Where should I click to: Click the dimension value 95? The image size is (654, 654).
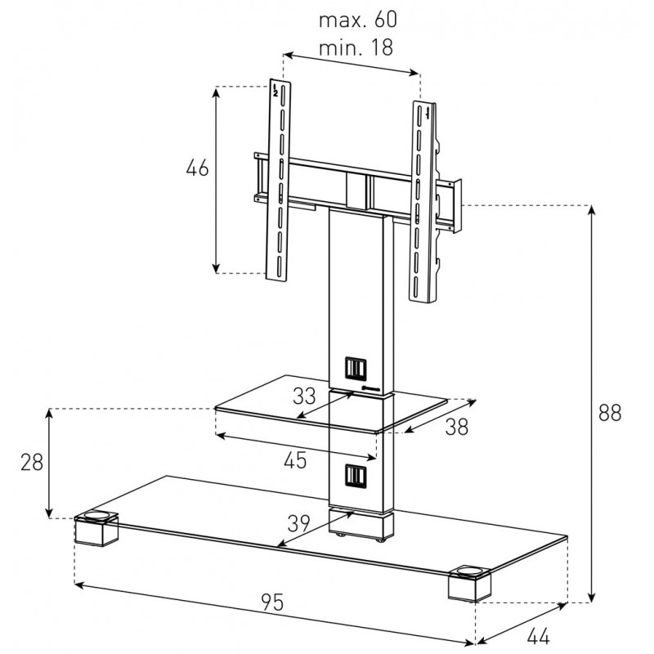pos(272,602)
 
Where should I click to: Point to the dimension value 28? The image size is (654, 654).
pos(32,462)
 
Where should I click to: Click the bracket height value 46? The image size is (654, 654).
pos(197,168)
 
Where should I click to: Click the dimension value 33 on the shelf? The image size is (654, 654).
pos(303,396)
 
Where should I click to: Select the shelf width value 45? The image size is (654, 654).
pos(295,460)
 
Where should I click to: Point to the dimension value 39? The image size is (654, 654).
pos(300,522)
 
